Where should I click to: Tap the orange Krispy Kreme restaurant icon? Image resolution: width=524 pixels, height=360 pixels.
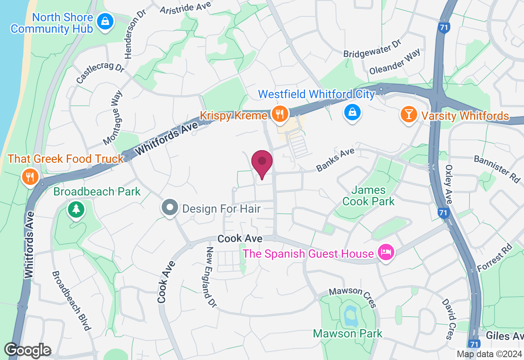click(280, 115)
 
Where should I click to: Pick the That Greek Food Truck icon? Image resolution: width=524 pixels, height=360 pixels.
click(29, 177)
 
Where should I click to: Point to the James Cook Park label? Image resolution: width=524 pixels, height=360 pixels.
click(368, 196)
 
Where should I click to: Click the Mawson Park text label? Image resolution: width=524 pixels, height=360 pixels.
click(348, 333)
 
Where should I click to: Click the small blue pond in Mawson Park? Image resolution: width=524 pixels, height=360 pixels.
click(350, 315)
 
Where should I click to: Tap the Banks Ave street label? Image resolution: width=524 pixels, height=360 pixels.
click(335, 160)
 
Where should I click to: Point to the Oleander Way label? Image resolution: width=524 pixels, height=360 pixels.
click(395, 62)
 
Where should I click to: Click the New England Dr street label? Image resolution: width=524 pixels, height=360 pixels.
click(211, 277)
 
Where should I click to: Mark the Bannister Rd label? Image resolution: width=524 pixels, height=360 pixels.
click(497, 168)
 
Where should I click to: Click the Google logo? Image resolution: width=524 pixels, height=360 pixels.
click(27, 350)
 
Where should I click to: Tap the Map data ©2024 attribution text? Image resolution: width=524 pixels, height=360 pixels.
click(489, 354)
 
